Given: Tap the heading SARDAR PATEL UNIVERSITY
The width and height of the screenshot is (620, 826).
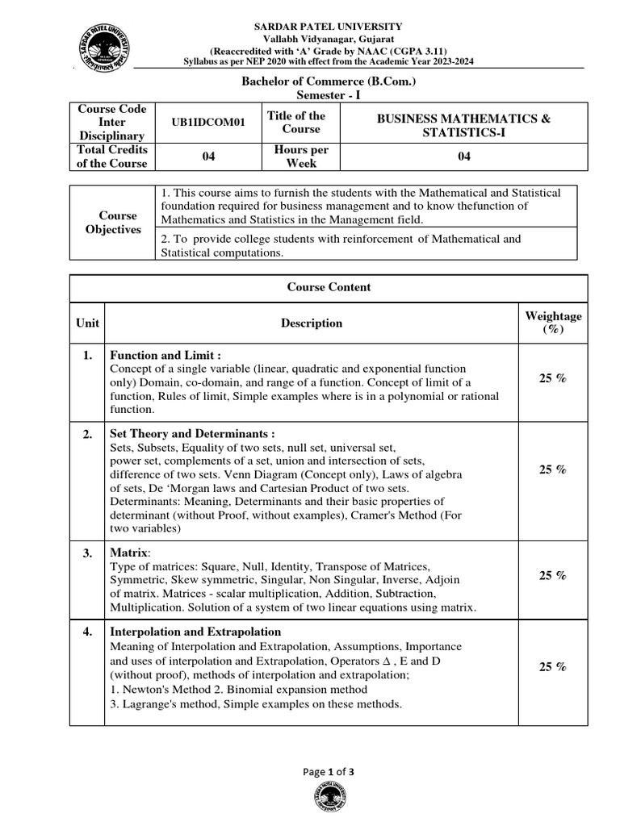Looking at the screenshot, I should point(329,27).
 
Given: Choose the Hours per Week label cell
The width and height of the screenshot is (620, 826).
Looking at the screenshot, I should point(301,156).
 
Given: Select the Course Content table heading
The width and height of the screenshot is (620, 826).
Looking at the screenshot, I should point(329,287).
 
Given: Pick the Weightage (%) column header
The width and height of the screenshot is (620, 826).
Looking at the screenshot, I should point(553,323).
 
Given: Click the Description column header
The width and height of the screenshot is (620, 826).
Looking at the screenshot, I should point(311,323).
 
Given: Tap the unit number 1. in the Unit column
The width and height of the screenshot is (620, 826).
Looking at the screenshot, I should point(87,355).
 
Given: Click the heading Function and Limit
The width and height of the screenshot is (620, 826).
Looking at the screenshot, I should point(165,355).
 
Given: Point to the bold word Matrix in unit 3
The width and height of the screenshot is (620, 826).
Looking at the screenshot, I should point(129,553).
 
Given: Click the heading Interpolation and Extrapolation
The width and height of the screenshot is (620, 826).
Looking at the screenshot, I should point(195,632).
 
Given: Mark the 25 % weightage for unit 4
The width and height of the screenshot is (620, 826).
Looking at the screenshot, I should point(553,667).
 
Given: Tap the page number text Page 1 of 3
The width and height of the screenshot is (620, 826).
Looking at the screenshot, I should point(329,771).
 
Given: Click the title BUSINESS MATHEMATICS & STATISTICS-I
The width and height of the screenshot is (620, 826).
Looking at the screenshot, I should point(464,125).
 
